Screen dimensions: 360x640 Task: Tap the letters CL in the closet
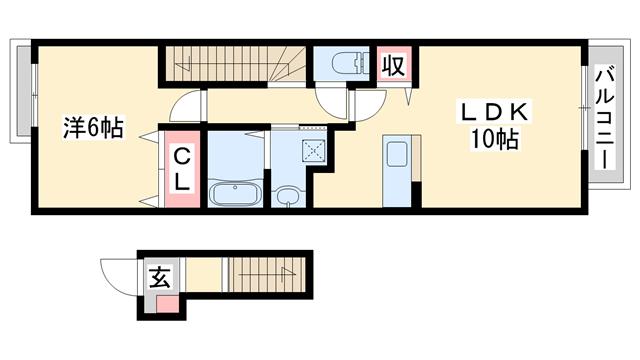tap(183, 170)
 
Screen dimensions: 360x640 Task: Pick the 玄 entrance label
tap(160, 277)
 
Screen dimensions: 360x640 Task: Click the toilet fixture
tap(345, 63)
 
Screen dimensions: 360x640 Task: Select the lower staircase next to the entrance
tap(265, 272)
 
